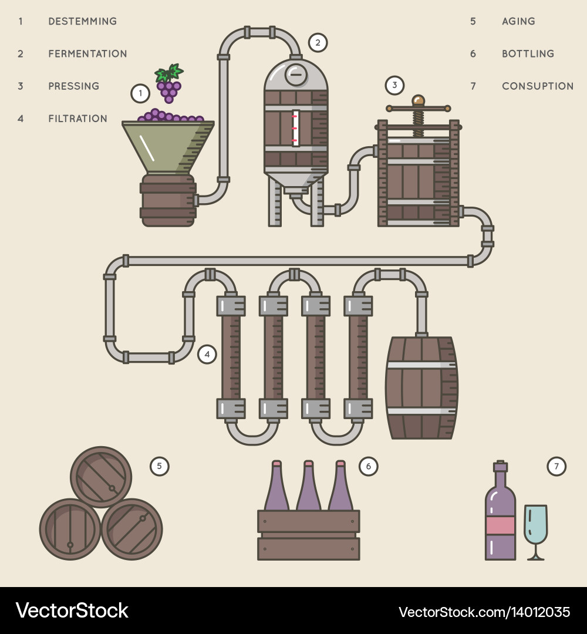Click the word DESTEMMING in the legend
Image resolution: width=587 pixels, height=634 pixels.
coord(82,21)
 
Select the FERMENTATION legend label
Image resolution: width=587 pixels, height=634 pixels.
coord(87,53)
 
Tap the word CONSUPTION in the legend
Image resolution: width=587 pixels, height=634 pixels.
coord(537,86)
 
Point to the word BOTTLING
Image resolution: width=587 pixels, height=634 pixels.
coord(528,53)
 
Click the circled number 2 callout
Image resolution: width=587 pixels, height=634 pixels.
coord(318,42)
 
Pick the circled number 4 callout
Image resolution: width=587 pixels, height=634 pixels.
coord(207,354)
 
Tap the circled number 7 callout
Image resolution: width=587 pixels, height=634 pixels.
coord(556,467)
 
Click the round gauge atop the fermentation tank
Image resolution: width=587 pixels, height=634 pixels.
coord(296,75)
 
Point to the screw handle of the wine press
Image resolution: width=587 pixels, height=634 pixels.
coord(418,109)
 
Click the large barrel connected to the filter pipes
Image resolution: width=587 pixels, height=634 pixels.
coord(421,387)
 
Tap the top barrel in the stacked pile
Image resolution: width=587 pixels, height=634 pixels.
coord(101,477)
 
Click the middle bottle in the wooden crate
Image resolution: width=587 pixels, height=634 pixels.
coord(308,487)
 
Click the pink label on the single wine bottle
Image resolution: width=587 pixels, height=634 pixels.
coord(500,525)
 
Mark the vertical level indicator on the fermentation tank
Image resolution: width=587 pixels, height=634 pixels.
coord(296,128)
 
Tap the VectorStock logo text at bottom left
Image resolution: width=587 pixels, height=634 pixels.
coord(72,611)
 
